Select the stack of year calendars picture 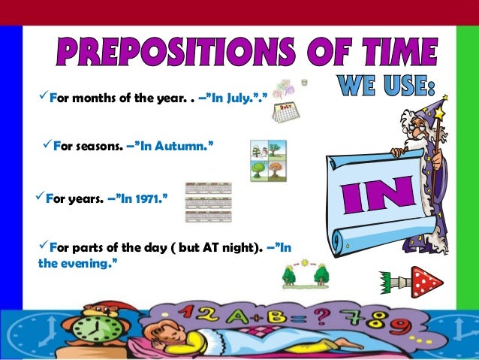tap(208, 201)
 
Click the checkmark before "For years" tap(41, 199)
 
